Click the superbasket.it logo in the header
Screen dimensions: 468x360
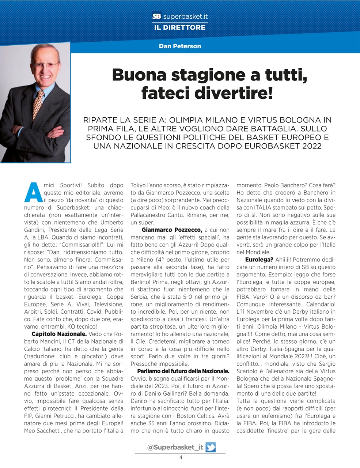pos(180,16)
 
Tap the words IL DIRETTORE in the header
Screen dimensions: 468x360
pos(180,27)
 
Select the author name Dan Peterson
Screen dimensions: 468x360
pos(180,46)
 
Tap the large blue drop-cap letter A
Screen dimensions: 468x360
pos(32,192)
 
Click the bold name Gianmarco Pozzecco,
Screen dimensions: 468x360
pos(172,230)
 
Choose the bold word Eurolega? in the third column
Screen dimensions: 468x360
pos(259,260)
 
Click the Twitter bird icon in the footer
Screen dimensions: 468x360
pos(211,447)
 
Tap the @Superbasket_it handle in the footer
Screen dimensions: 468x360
pos(175,447)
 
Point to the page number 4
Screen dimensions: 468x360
pos(181,457)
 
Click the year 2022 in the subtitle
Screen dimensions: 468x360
pos(310,146)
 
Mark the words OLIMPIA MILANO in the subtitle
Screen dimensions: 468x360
pos(197,120)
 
